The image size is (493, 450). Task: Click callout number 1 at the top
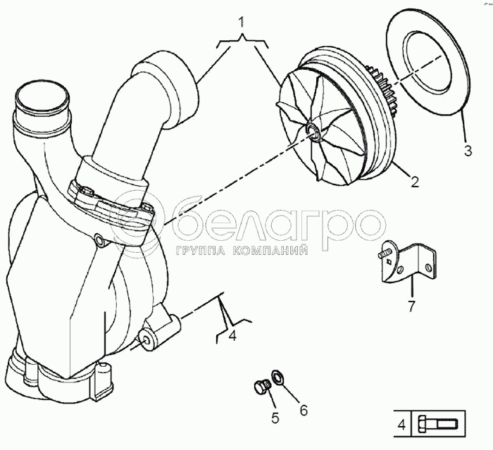click(241, 23)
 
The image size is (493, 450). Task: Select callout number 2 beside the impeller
click(415, 182)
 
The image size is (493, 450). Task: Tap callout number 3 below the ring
click(468, 151)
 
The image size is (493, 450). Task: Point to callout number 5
click(275, 418)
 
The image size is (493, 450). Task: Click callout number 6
click(303, 410)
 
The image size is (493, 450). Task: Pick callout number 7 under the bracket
click(411, 306)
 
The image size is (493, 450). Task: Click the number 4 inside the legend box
click(401, 425)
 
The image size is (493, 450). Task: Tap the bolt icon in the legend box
click(437, 425)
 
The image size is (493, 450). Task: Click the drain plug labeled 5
click(261, 387)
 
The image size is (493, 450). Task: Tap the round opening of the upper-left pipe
click(42, 97)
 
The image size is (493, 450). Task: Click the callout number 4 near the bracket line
click(232, 336)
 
